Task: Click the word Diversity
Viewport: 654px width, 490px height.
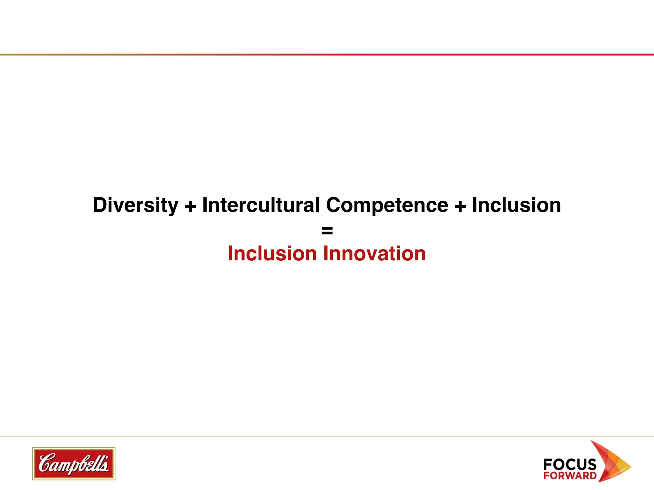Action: (x=135, y=205)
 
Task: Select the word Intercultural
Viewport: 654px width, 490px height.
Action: (x=261, y=205)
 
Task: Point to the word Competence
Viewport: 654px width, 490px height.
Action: (x=387, y=205)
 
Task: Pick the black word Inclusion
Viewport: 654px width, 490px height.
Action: (x=516, y=205)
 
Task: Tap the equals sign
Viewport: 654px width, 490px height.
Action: (x=327, y=230)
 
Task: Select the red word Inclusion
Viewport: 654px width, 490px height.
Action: (x=272, y=254)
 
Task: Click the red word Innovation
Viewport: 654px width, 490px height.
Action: (x=375, y=254)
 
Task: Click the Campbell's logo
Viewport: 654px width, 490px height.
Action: (x=74, y=464)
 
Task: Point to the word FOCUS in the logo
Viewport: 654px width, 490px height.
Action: (x=570, y=464)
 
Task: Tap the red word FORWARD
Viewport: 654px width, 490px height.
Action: (x=570, y=476)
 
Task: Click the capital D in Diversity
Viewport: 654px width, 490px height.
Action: (x=100, y=205)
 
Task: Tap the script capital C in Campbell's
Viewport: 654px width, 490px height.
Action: (x=46, y=463)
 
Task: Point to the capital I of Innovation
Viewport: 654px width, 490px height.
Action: (x=326, y=254)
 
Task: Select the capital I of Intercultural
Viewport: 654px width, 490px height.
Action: (x=205, y=205)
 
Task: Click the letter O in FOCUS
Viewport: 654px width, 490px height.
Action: (x=560, y=464)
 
